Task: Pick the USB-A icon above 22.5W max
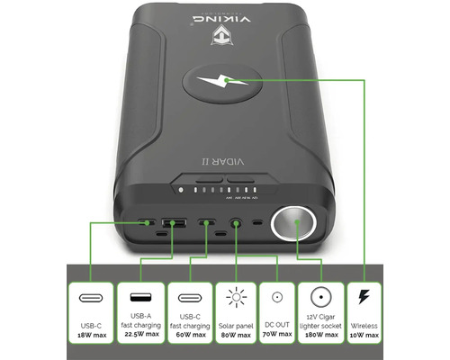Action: coord(140,297)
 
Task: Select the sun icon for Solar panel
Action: coord(238,298)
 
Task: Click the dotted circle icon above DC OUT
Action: coord(278,298)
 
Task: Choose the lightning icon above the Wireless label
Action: coord(364,298)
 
